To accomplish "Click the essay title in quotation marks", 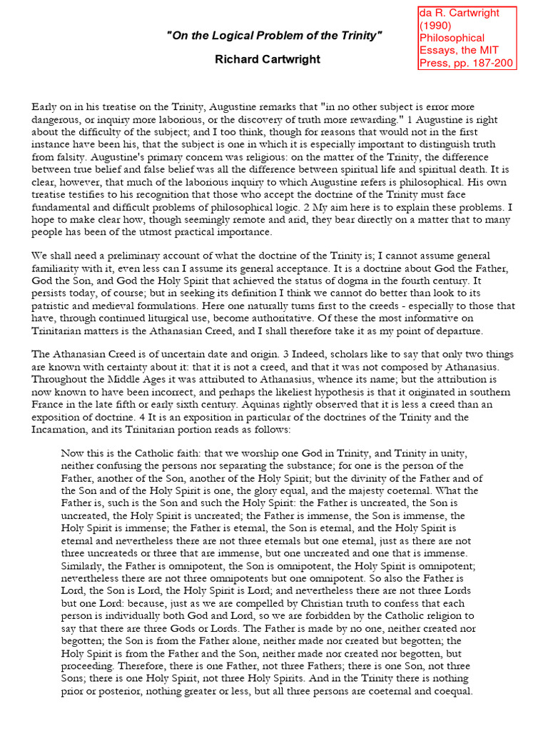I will coord(275,36).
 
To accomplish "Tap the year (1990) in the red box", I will coord(436,25).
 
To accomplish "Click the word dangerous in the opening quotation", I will coord(59,119).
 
